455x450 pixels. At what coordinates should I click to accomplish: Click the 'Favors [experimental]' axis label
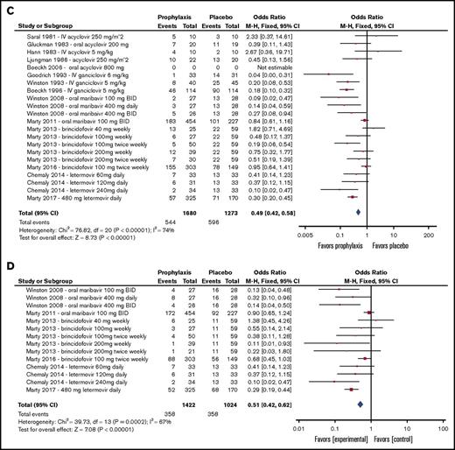point(331,432)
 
